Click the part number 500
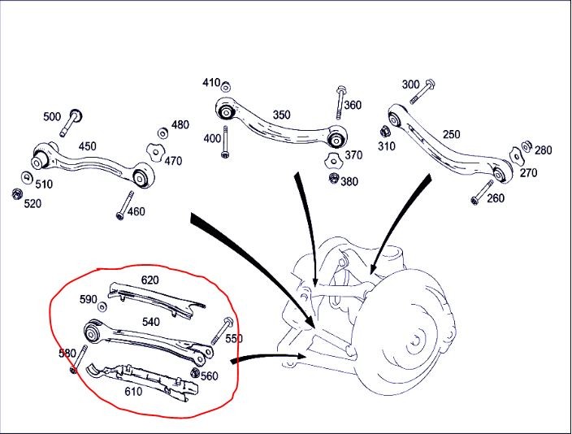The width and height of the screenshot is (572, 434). [x=52, y=117]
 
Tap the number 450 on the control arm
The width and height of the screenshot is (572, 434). [x=87, y=146]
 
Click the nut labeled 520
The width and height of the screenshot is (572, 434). [x=17, y=193]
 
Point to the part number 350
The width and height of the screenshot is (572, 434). [x=281, y=115]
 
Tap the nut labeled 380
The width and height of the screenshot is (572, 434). [x=332, y=177]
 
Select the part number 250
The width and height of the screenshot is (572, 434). [x=451, y=135]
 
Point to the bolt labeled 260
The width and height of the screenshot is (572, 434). [x=481, y=192]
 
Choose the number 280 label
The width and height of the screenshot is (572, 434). [x=543, y=150]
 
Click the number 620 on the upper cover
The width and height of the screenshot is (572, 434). [x=150, y=280]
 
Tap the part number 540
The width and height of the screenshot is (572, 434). [x=150, y=322]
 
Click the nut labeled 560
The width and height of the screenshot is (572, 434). [x=195, y=373]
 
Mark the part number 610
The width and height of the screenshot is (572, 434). [x=132, y=391]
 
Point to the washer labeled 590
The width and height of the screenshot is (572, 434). [x=102, y=306]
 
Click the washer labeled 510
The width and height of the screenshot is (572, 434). [x=27, y=177]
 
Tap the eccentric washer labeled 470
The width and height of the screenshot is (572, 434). [x=152, y=150]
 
